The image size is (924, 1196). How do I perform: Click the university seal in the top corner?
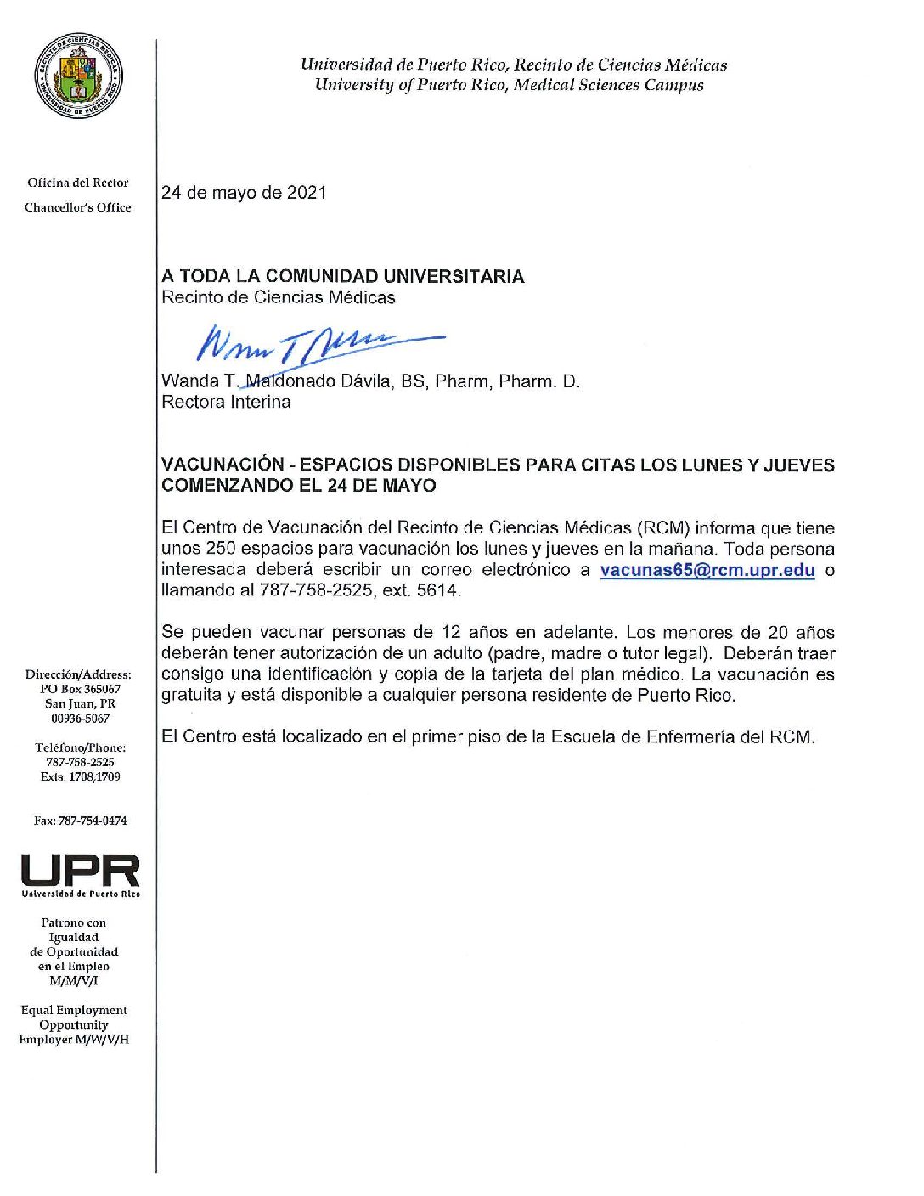(78, 77)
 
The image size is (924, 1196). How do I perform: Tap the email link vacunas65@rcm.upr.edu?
(707, 570)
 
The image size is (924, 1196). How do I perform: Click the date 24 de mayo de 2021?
(244, 193)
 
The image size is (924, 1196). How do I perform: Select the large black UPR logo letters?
(81, 871)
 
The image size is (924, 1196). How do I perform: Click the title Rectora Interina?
(226, 403)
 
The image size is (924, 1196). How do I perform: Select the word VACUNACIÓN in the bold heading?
(223, 465)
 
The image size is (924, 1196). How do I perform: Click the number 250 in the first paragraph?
(221, 549)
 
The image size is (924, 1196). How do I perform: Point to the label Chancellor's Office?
(77, 207)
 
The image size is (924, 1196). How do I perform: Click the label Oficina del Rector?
(78, 183)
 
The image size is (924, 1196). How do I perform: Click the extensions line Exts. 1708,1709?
(80, 777)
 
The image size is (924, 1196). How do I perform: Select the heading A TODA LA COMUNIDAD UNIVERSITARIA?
(342, 276)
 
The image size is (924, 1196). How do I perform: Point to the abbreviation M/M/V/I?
(74, 981)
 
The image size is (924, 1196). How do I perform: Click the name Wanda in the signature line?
(190, 381)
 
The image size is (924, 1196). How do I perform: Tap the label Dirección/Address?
(78, 675)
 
